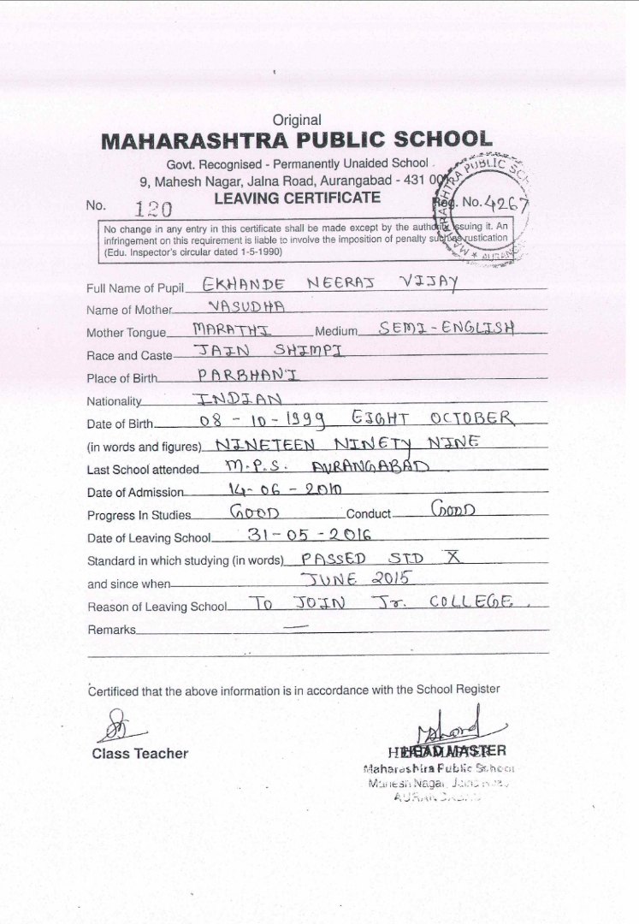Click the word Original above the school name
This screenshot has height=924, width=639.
(297, 121)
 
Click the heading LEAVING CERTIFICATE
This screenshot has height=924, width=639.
(297, 198)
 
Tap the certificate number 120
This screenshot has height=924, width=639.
(153, 210)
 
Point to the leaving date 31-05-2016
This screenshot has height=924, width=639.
(309, 535)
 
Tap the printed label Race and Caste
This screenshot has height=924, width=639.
(129, 355)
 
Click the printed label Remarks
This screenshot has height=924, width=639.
(111, 630)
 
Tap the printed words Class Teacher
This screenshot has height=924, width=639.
(139, 754)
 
